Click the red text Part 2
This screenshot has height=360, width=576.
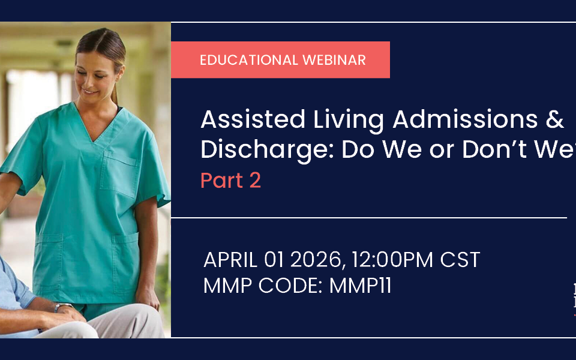(x=230, y=181)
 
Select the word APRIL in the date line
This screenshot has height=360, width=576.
(x=231, y=260)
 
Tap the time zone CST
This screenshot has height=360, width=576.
(x=460, y=260)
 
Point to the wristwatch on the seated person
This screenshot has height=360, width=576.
(x=59, y=308)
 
